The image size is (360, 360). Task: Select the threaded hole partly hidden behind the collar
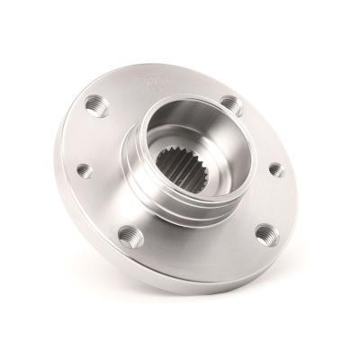coord(232,105)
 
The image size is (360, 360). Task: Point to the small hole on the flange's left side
coord(84,168)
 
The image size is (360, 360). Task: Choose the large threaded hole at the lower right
coord(264,234)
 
